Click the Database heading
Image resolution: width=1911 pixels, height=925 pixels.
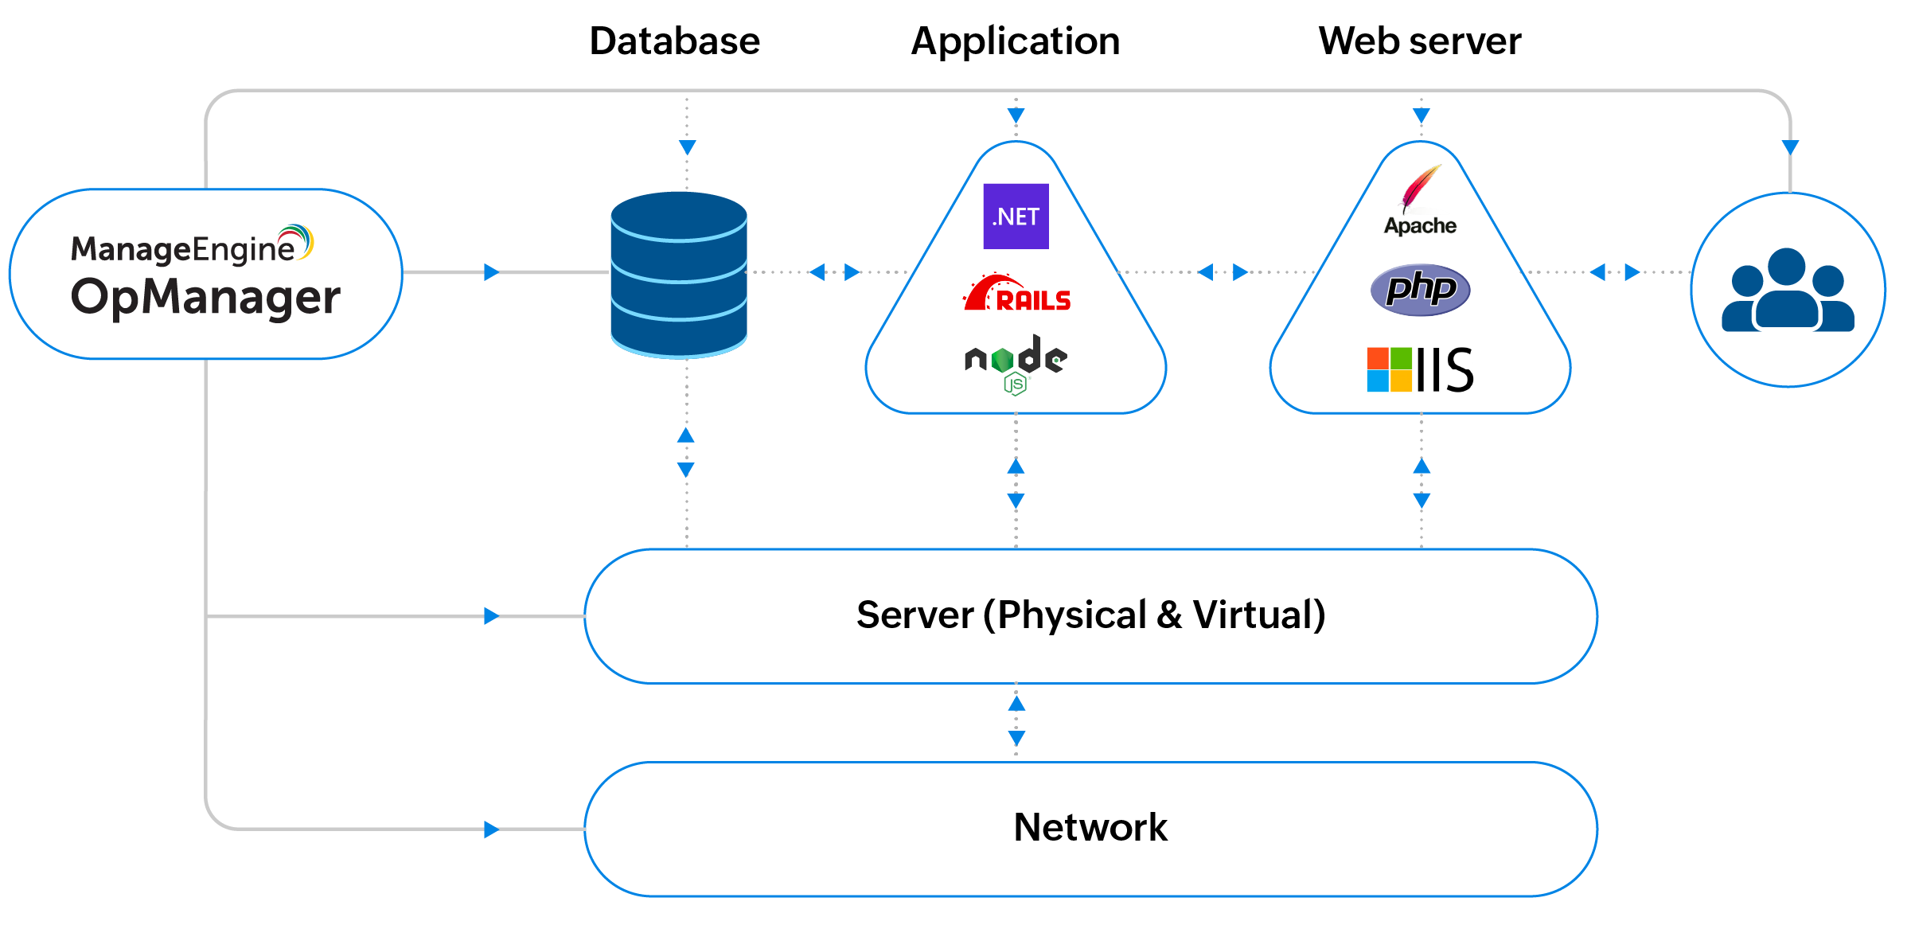click(674, 41)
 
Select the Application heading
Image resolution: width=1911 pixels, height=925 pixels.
click(1015, 41)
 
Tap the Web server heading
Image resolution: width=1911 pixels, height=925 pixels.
click(1419, 41)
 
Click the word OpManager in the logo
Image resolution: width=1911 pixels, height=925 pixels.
click(205, 298)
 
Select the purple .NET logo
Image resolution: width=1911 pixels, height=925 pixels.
click(1016, 217)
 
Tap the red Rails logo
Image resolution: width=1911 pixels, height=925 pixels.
click(1017, 294)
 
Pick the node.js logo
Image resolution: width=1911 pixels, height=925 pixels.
click(1016, 363)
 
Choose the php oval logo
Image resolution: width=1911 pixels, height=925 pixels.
click(1420, 289)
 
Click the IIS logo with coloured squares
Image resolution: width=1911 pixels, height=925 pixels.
click(1420, 369)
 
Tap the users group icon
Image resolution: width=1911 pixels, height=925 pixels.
click(1788, 291)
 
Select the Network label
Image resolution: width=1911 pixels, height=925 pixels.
click(1090, 827)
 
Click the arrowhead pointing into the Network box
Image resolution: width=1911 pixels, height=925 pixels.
click(491, 829)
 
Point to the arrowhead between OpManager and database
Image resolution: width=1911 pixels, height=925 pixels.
click(491, 272)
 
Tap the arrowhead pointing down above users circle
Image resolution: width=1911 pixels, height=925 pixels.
click(1790, 147)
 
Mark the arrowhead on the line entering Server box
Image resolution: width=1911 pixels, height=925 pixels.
click(491, 616)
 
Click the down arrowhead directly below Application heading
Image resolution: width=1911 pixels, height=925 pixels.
click(1016, 116)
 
